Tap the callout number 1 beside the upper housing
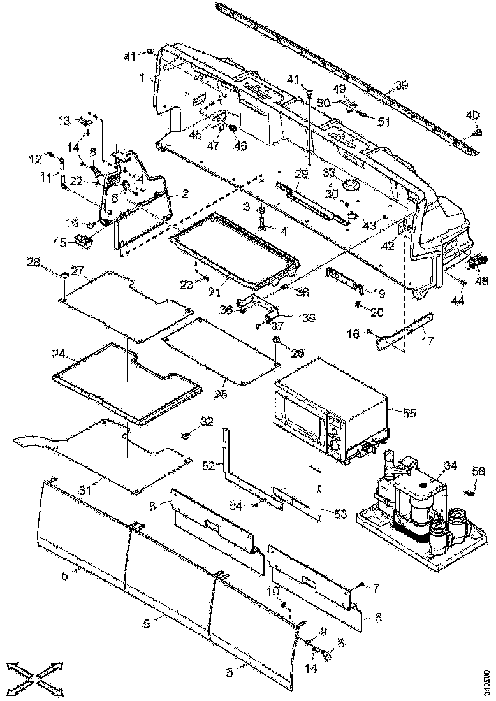145,78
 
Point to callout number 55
409,413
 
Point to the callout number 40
472,115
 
